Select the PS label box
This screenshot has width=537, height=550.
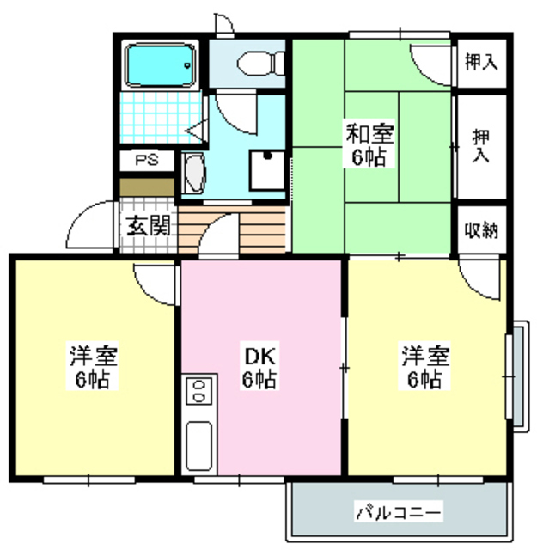tap(145, 161)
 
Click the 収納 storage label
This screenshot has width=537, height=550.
tap(481, 230)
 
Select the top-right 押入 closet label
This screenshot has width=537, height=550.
tap(481, 62)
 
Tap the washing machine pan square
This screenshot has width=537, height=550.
tap(267, 171)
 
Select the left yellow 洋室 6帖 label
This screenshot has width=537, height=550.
tap(94, 368)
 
